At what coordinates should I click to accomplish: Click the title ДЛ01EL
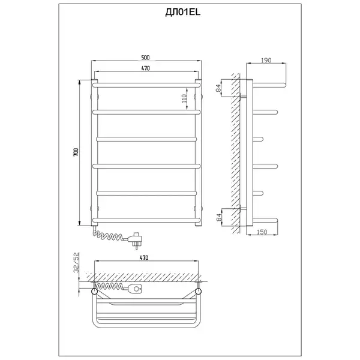tap(183, 12)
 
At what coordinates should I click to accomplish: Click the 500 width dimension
tap(146, 58)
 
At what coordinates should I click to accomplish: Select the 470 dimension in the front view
tap(146, 68)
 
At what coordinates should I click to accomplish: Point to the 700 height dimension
tap(76, 152)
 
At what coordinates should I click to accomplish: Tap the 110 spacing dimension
tap(184, 98)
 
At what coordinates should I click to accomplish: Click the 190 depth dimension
tap(266, 60)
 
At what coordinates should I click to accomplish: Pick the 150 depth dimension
tap(262, 232)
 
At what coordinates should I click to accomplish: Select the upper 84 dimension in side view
tap(218, 88)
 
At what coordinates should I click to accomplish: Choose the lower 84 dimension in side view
tap(219, 217)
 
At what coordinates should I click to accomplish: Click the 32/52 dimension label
tap(76, 262)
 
